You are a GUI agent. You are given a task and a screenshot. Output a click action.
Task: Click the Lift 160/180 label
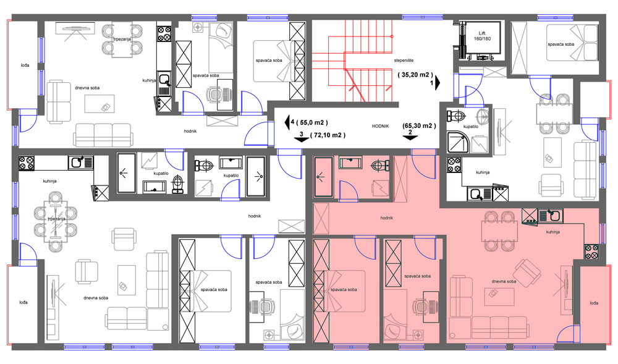482,36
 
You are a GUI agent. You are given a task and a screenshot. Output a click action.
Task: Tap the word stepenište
404,61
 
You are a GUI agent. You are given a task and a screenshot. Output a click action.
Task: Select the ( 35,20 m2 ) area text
415,74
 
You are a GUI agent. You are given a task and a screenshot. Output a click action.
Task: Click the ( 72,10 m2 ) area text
328,135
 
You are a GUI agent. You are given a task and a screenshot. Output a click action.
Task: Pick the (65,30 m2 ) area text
419,126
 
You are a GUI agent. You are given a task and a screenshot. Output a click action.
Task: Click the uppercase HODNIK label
380,126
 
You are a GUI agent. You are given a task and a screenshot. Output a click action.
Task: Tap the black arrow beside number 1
438,83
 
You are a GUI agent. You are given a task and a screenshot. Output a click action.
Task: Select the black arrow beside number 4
287,122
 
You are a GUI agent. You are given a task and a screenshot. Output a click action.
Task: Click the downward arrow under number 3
302,140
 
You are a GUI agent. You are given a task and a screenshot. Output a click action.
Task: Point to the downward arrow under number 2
410,137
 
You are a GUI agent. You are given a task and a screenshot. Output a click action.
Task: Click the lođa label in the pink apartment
594,303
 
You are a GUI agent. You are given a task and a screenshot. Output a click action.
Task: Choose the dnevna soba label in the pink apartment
504,282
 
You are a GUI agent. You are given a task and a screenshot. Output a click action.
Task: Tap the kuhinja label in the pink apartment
553,232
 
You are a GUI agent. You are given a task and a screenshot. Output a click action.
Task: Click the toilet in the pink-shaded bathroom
379,166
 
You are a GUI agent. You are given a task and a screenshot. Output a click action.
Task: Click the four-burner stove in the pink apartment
591,252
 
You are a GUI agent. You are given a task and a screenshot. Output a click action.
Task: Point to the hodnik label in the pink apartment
387,218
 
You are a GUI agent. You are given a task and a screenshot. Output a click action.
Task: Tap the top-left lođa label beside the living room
25,66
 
